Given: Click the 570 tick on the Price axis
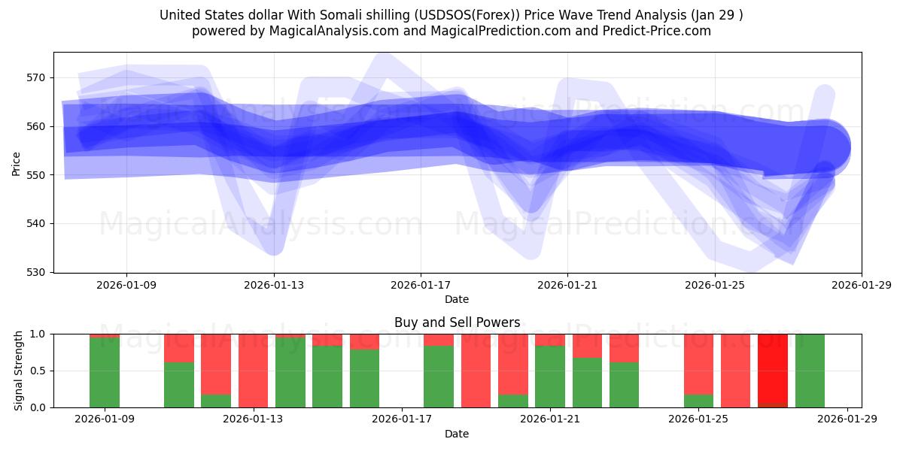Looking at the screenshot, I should tap(37, 77).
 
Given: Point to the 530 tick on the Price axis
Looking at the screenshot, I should tap(37, 272).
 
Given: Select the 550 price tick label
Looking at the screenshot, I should tap(37, 175).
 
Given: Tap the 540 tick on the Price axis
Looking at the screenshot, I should tap(37, 223).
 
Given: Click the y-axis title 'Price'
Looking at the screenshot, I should tap(17, 162).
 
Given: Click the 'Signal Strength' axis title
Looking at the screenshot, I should tap(20, 371).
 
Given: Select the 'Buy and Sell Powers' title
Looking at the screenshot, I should tap(457, 322).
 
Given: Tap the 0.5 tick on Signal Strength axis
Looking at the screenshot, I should tap(38, 371).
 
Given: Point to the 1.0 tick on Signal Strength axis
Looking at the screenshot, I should tap(38, 334).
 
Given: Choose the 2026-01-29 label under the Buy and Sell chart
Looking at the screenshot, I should tap(848, 419).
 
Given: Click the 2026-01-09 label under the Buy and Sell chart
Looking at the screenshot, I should tap(105, 419).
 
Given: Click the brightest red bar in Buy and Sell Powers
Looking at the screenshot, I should tap(773, 368).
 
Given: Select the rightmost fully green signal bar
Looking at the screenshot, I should tap(810, 371).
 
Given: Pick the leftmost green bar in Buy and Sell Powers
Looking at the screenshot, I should tap(105, 372).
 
